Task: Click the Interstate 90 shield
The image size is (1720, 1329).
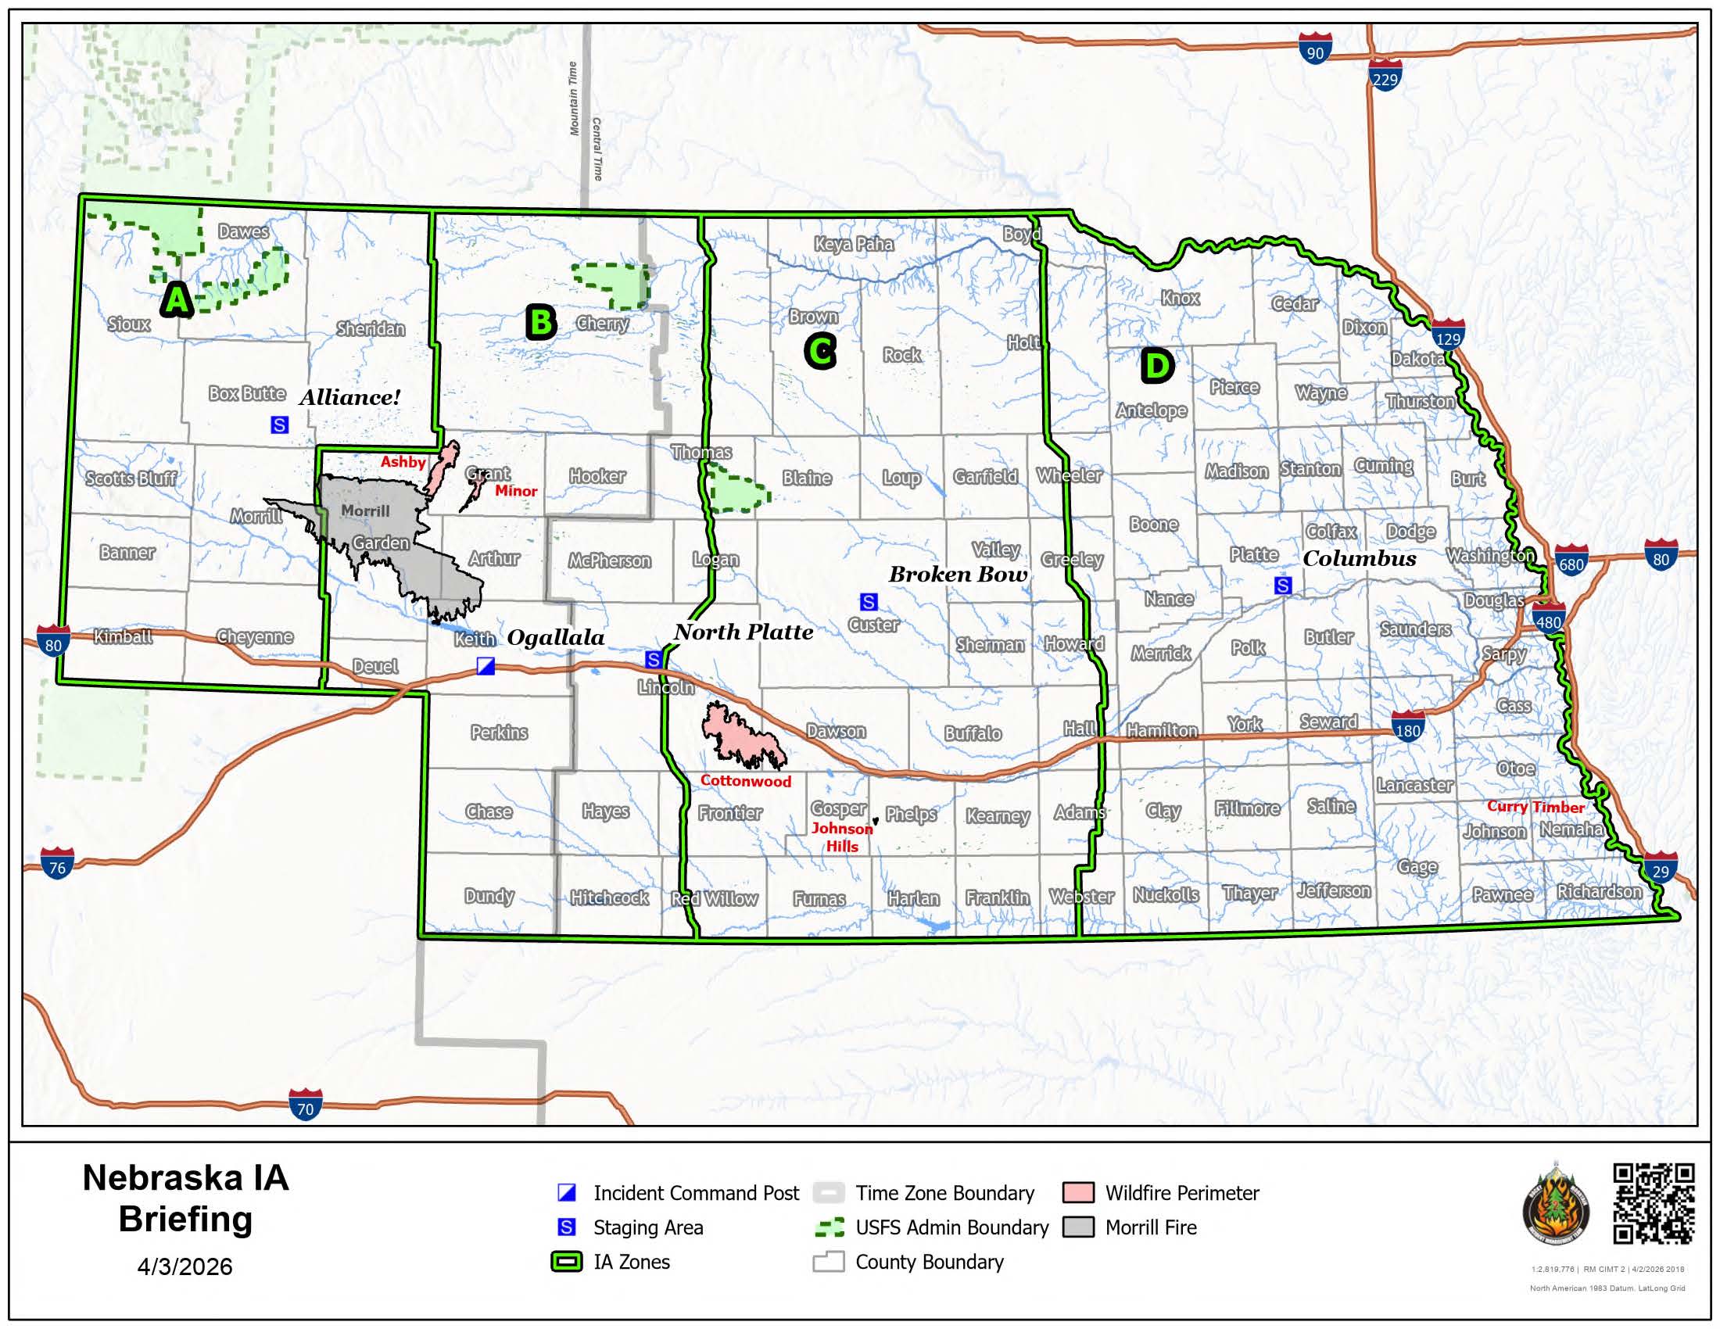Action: tap(1315, 48)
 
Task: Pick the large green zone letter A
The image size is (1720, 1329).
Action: tap(177, 300)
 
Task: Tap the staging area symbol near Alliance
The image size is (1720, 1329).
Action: tap(280, 425)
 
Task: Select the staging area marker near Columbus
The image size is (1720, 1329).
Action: tap(1283, 586)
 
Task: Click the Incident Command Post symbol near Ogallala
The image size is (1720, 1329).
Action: tap(486, 666)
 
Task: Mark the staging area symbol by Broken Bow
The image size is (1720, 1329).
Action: tap(868, 602)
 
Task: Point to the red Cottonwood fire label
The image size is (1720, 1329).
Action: tap(745, 781)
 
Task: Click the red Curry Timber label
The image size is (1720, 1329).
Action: tap(1535, 806)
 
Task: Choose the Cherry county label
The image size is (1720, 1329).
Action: tap(603, 324)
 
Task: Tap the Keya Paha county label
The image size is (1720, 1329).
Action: tap(854, 244)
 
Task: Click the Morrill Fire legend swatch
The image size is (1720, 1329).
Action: tap(1077, 1227)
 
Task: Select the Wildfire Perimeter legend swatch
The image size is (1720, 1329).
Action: tap(1077, 1193)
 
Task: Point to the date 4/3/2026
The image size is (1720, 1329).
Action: tap(185, 1266)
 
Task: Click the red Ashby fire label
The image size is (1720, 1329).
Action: tap(403, 462)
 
